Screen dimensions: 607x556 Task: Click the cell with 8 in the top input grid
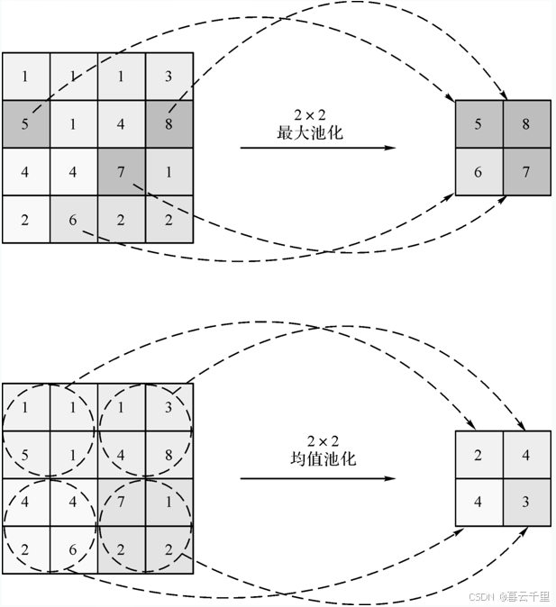(x=169, y=124)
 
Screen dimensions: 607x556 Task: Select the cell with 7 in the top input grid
(x=121, y=171)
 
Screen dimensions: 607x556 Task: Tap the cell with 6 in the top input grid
(x=73, y=219)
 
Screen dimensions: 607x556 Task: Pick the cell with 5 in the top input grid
(x=25, y=124)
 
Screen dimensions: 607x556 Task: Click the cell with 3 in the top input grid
(x=169, y=77)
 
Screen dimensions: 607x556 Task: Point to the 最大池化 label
(x=310, y=132)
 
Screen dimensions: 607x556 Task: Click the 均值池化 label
(x=316, y=458)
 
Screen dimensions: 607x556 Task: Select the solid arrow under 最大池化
(x=317, y=148)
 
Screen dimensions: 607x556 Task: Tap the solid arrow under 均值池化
(x=317, y=478)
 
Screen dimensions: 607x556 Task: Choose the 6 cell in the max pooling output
(x=479, y=171)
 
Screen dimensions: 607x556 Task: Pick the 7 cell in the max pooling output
(x=526, y=171)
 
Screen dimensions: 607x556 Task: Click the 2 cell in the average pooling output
(x=479, y=454)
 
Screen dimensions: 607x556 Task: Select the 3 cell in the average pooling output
(x=526, y=501)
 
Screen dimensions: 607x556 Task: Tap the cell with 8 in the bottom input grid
(x=169, y=455)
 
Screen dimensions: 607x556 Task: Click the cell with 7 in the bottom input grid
(x=121, y=502)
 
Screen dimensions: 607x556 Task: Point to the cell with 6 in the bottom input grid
(x=73, y=549)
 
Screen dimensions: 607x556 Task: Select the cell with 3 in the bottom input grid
(x=169, y=407)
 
